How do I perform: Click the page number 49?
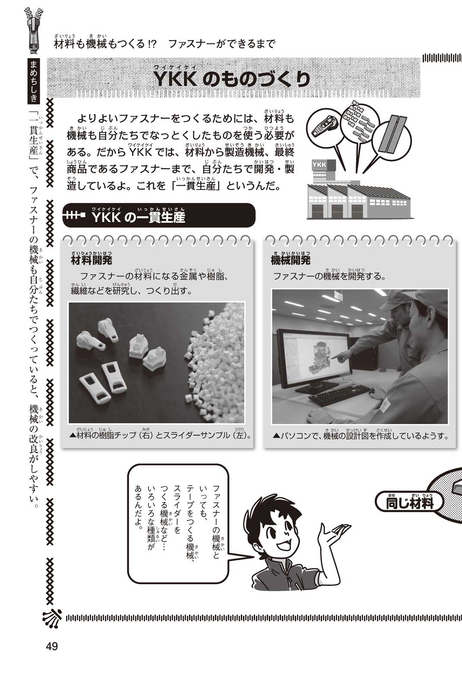[x=52, y=646]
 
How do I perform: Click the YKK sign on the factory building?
[x=319, y=165]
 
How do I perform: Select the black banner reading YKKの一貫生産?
[x=159, y=215]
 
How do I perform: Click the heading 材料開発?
[x=92, y=260]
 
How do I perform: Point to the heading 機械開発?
[x=291, y=260]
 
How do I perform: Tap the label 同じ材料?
[x=409, y=502]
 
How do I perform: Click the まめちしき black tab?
[x=34, y=80]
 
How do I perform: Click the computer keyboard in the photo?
[x=340, y=394]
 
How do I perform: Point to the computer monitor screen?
[x=316, y=357]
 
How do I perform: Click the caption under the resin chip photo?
[x=160, y=435]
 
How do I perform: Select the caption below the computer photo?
[x=360, y=435]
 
